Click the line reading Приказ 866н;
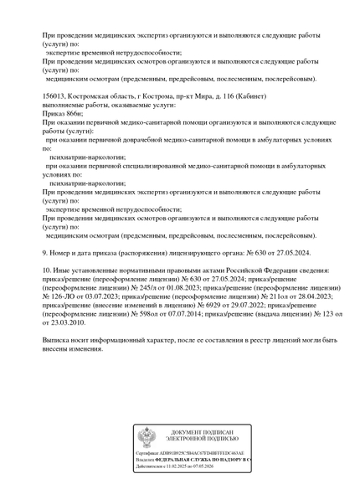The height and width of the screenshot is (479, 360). coord(60,113)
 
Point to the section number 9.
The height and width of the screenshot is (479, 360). coord(45,251)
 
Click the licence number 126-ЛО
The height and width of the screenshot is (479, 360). coord(64,295)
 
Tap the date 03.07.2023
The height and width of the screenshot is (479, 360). coord(101,295)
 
